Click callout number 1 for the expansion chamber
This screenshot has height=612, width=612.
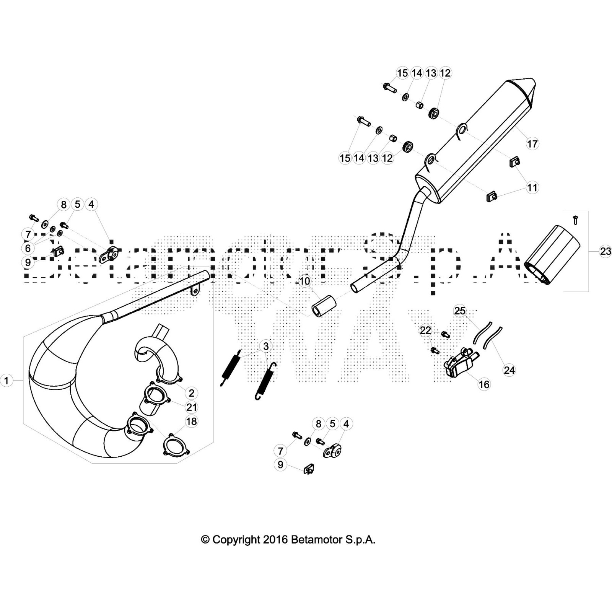click(x=7, y=381)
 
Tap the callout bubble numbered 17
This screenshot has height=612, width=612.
click(x=532, y=144)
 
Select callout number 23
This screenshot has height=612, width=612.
click(x=605, y=251)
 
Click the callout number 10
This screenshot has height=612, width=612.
click(x=305, y=282)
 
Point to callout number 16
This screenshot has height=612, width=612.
click(x=484, y=384)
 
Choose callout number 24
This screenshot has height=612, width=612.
click(x=509, y=370)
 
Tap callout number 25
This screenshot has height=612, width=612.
click(x=460, y=311)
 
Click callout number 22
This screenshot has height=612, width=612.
click(x=425, y=330)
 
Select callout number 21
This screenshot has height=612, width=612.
click(x=191, y=407)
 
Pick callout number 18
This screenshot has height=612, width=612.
click(x=191, y=421)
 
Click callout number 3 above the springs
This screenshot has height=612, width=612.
click(x=266, y=346)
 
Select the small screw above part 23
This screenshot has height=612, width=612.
click(x=575, y=220)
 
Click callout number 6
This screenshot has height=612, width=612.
click(x=28, y=248)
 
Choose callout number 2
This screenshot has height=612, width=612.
click(x=191, y=392)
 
